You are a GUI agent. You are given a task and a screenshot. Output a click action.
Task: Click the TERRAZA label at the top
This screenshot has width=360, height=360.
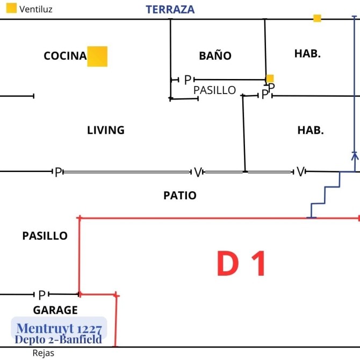coord(170,10)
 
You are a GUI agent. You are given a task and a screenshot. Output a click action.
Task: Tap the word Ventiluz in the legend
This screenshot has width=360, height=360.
coord(36,10)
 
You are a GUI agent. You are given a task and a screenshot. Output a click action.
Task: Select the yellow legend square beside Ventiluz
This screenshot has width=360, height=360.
coord(11,8)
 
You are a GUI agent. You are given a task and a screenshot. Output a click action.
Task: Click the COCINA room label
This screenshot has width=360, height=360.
coord(65,56)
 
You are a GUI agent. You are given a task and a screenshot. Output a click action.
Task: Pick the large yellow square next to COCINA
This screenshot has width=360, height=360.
coord(97,56)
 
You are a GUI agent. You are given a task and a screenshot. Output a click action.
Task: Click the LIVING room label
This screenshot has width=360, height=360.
coord(106,130)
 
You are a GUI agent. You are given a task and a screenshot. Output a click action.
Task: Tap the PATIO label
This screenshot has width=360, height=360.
coord(180,196)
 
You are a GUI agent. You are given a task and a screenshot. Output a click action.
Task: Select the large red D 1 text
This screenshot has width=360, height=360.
coord(241,263)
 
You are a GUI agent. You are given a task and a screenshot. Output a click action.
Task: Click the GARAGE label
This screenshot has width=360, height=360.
coord(55,310)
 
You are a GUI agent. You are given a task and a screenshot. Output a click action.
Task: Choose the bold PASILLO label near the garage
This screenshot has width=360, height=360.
coord(45,236)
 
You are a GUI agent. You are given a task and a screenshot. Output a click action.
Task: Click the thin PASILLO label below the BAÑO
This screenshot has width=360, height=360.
coord(214,90)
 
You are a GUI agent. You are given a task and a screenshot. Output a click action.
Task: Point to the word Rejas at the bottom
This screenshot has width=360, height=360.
coord(44,353)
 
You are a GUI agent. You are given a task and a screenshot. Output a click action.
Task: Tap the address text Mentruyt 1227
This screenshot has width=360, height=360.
coord(59,328)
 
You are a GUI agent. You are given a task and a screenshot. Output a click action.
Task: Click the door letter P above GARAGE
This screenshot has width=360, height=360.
coord(42,295)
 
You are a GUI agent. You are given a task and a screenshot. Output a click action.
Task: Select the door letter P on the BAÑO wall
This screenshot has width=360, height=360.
coord(188,80)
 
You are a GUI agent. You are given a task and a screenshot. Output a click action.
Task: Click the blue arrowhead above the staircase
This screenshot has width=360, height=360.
coord(355,156)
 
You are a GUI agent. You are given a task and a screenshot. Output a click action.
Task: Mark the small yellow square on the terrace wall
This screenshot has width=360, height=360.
coord(317,18)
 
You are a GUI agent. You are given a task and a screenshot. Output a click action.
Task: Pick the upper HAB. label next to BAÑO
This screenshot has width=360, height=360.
coord(307,54)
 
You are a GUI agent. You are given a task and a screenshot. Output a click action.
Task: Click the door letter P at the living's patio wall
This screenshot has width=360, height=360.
coord(59,172)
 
